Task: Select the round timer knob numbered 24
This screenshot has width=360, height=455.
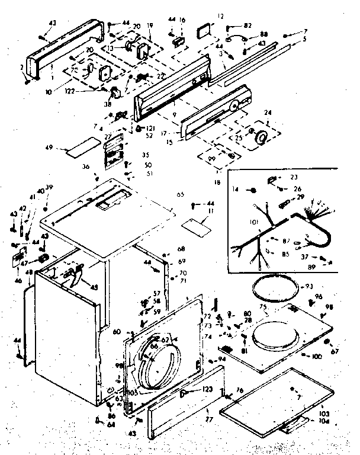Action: pos(259,138)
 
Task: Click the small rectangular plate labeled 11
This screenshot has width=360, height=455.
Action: pos(197,225)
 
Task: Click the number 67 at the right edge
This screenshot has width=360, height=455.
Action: pos(335,352)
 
